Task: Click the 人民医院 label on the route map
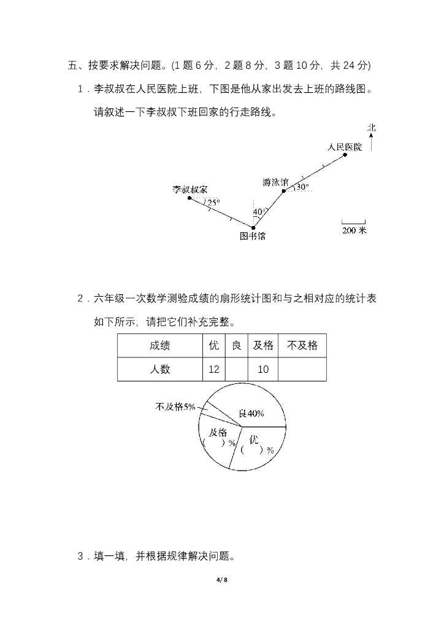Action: (x=344, y=147)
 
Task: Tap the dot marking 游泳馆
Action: (x=283, y=191)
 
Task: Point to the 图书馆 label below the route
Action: (x=252, y=236)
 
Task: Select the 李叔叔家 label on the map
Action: (x=189, y=189)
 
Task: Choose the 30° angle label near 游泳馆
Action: (x=302, y=186)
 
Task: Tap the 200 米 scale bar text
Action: (x=354, y=231)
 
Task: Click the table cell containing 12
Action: (x=213, y=369)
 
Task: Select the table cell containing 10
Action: (x=263, y=369)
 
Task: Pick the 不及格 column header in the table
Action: (x=302, y=345)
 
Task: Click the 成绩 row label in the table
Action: (x=159, y=345)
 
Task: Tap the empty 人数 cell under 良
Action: (x=236, y=369)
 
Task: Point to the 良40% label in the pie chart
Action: (x=251, y=413)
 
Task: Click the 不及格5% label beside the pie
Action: (x=175, y=406)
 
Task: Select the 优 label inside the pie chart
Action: (x=255, y=440)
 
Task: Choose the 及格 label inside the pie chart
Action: (x=216, y=432)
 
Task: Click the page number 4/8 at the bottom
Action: (x=222, y=580)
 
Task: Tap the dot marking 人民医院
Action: (x=345, y=155)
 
